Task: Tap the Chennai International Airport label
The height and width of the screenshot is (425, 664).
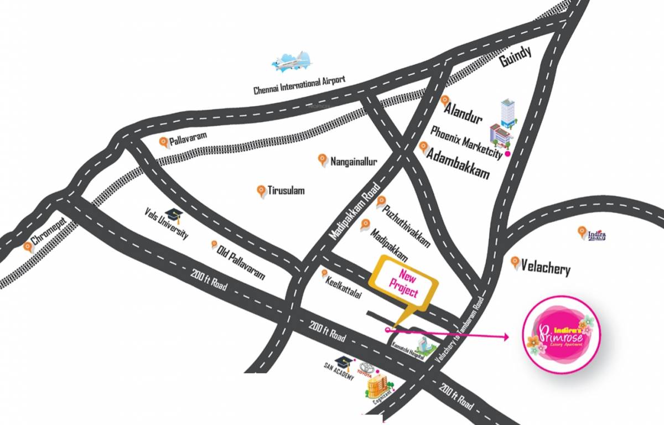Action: pyautogui.click(x=299, y=85)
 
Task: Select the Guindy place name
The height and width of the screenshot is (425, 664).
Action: pyautogui.click(x=515, y=57)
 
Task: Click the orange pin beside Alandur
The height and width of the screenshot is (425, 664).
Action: pyautogui.click(x=445, y=101)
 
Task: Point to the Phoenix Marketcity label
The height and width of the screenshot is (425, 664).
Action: pyautogui.click(x=466, y=142)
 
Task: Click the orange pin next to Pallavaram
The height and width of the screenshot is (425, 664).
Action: pyautogui.click(x=164, y=142)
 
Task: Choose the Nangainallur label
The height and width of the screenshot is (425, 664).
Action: pyautogui.click(x=354, y=162)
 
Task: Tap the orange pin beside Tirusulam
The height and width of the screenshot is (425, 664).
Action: pyautogui.click(x=261, y=191)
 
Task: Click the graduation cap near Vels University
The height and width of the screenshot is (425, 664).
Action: pyautogui.click(x=175, y=215)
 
